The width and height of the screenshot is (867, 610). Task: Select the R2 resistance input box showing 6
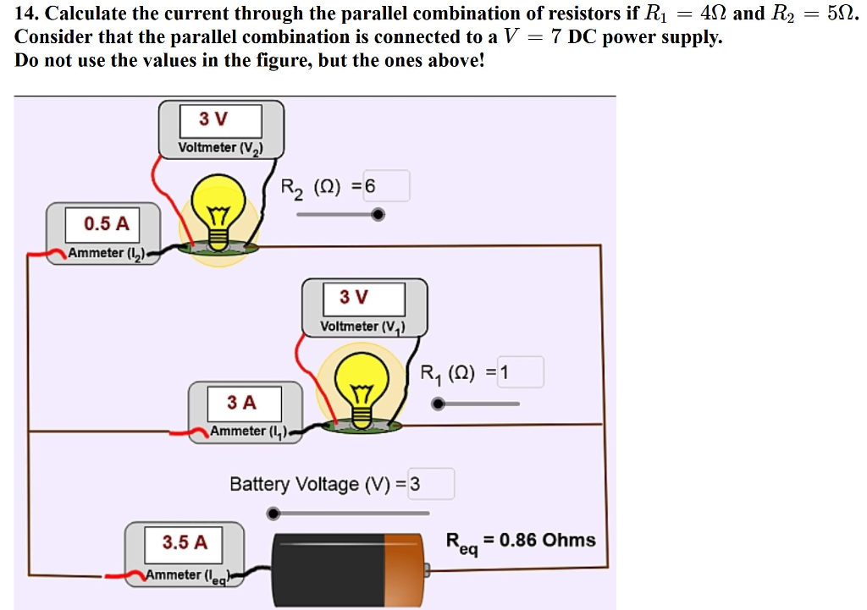coord(386,186)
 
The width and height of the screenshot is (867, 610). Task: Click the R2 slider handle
coord(378,215)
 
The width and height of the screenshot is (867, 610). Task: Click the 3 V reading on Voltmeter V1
coord(362,298)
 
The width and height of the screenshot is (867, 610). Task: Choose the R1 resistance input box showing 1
coord(519,372)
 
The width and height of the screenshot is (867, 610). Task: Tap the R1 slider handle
coord(438,404)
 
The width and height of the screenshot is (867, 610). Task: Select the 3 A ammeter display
coord(243,402)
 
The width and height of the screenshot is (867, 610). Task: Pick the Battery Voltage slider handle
coord(273,513)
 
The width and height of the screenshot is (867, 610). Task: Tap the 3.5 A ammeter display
coord(185,542)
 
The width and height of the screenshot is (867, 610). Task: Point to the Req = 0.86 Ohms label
coord(520,542)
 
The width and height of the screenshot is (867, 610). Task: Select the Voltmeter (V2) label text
coord(220,148)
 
